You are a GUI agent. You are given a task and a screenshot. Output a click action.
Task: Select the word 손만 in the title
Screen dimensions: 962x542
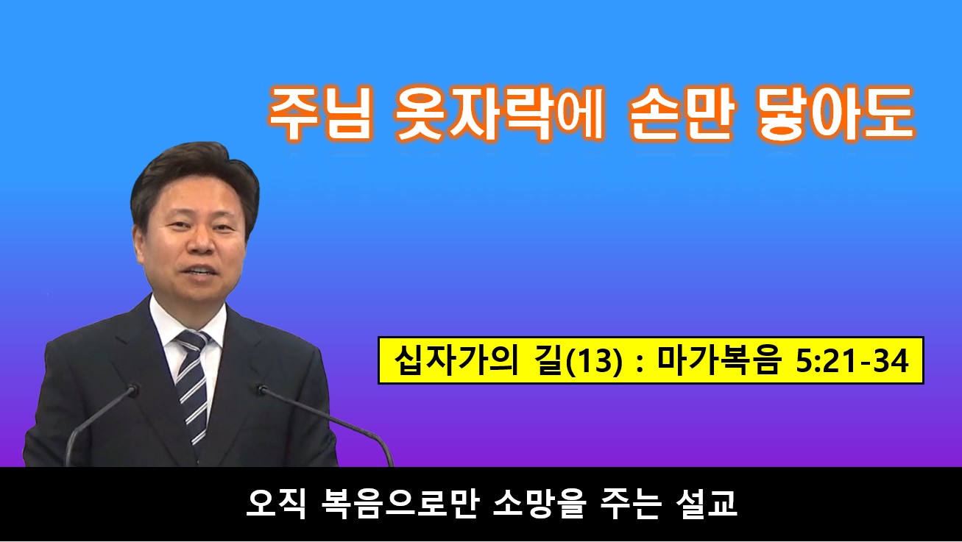pyautogui.click(x=682, y=113)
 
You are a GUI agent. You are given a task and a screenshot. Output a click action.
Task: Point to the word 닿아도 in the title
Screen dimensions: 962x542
pyautogui.click(x=835, y=113)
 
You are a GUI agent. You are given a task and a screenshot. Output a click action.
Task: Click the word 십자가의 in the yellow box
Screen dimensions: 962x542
pyautogui.click(x=456, y=360)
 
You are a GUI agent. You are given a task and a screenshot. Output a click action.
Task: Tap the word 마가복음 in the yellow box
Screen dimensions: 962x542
pyautogui.click(x=717, y=360)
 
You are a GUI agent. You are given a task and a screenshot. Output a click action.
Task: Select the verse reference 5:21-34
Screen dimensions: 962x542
pyautogui.click(x=852, y=361)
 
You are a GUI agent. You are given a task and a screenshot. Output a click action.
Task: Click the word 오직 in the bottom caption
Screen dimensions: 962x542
pyautogui.click(x=276, y=504)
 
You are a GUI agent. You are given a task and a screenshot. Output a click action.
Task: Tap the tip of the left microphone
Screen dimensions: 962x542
pyautogui.click(x=133, y=389)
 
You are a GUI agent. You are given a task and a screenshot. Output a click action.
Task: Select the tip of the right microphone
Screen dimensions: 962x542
pyautogui.click(x=261, y=389)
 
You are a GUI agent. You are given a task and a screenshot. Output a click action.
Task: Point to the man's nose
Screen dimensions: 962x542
pyautogui.click(x=201, y=243)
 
